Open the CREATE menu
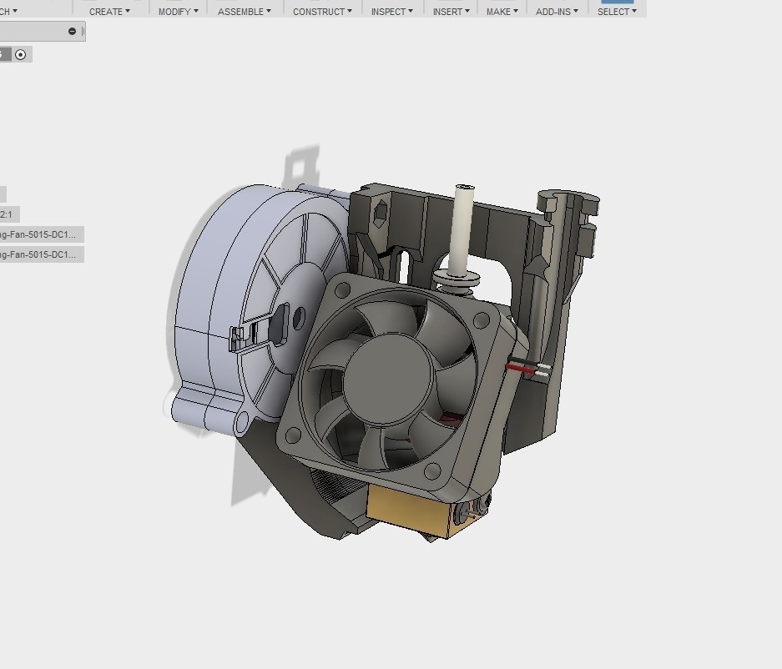coord(109,12)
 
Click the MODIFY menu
coord(179,12)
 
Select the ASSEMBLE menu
coord(245,12)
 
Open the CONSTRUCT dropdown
coord(322,12)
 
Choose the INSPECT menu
coord(392,12)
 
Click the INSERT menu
coord(451,12)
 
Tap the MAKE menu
coord(502,12)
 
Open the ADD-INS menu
coord(557,12)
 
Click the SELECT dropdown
coord(617,12)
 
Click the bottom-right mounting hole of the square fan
coord(433,472)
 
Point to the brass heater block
coord(409,511)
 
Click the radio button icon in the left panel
coord(21,55)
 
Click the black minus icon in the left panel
coord(72,32)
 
